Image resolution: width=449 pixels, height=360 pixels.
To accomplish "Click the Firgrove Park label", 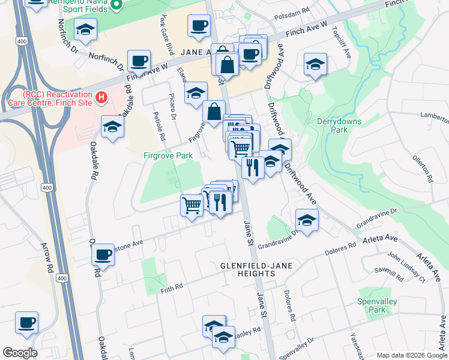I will coord(167,155).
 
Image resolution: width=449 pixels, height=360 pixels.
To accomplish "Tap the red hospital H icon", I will coord(102,96).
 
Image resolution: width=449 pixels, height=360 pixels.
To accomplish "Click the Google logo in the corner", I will coord(20,353).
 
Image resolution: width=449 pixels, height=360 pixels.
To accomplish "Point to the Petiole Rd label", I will coord(160,126).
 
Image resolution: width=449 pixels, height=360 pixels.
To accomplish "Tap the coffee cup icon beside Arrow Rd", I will coord(27,323).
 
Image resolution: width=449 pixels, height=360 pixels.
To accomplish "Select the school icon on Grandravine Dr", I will coord(307,220).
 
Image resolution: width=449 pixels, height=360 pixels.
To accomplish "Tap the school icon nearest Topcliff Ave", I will coord(315,64).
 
